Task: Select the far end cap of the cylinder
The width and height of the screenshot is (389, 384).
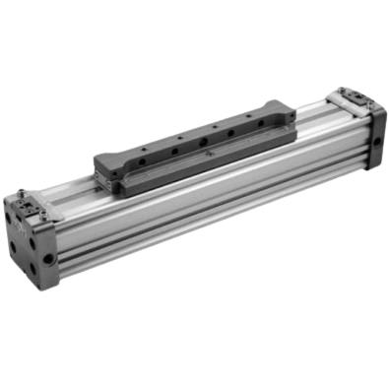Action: coord(360,123)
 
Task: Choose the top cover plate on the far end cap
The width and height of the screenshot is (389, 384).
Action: coord(354,96)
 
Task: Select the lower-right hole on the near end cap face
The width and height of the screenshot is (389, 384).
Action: coord(43,263)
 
